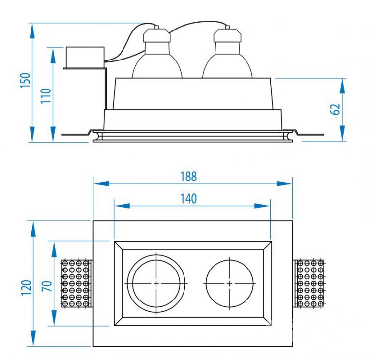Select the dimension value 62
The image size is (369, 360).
click(336, 109)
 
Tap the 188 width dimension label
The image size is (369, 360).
click(188, 176)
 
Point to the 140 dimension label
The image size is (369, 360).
click(188, 198)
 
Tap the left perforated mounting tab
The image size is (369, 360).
click(76, 284)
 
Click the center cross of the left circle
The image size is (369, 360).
click(156, 284)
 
